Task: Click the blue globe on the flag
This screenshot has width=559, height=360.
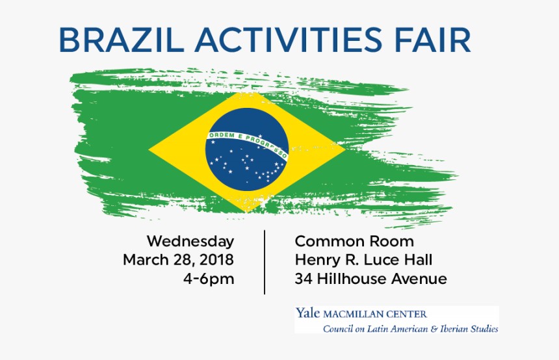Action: [x=246, y=149]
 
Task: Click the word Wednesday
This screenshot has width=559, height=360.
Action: [x=190, y=241]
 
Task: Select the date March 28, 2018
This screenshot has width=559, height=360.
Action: [x=178, y=261]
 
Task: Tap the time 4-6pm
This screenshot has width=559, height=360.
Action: [x=209, y=279]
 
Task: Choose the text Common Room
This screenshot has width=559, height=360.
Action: [x=354, y=241]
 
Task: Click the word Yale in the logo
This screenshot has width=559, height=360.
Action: [x=308, y=314]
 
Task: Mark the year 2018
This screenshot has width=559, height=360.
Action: [x=216, y=261]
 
